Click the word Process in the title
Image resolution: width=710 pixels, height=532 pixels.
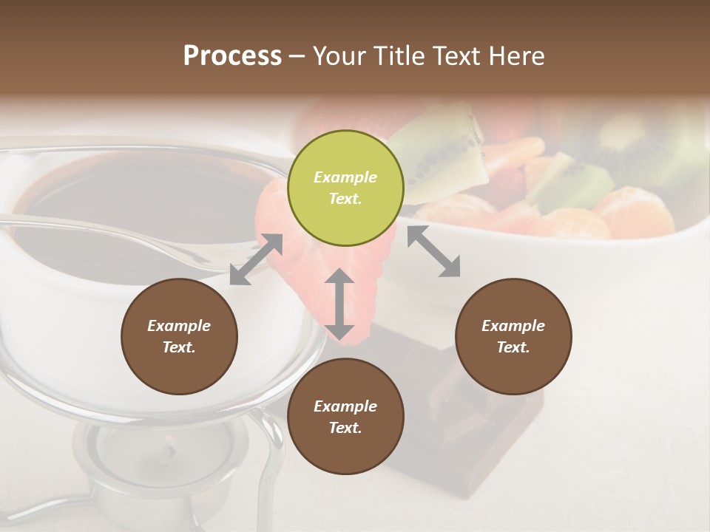click(232, 56)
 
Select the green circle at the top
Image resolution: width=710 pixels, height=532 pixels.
click(345, 188)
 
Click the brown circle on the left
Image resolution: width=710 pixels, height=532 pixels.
click(179, 336)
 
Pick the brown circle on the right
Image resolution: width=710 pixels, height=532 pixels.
click(513, 336)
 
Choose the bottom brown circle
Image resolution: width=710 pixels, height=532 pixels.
click(345, 417)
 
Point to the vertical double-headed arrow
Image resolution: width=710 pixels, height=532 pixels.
click(339, 304)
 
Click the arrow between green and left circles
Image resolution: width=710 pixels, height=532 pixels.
click(256, 259)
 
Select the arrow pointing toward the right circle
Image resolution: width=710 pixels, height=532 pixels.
click(433, 251)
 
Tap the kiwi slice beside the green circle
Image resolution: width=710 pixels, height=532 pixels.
click(444, 148)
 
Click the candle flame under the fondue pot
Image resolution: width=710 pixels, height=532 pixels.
click(169, 450)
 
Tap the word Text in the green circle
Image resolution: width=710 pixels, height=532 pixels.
click(345, 199)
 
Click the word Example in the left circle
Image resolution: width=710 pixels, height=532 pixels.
click(179, 326)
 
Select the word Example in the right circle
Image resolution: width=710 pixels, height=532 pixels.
click(513, 326)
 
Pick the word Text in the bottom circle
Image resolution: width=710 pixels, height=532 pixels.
click(345, 428)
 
